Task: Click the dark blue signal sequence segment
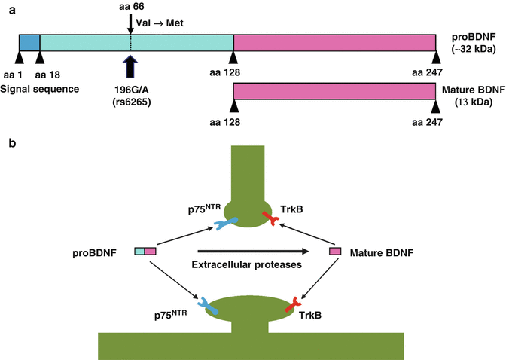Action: pyautogui.click(x=29, y=43)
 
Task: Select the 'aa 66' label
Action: pyautogui.click(x=130, y=8)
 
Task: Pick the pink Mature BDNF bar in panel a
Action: pyautogui.click(x=334, y=91)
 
